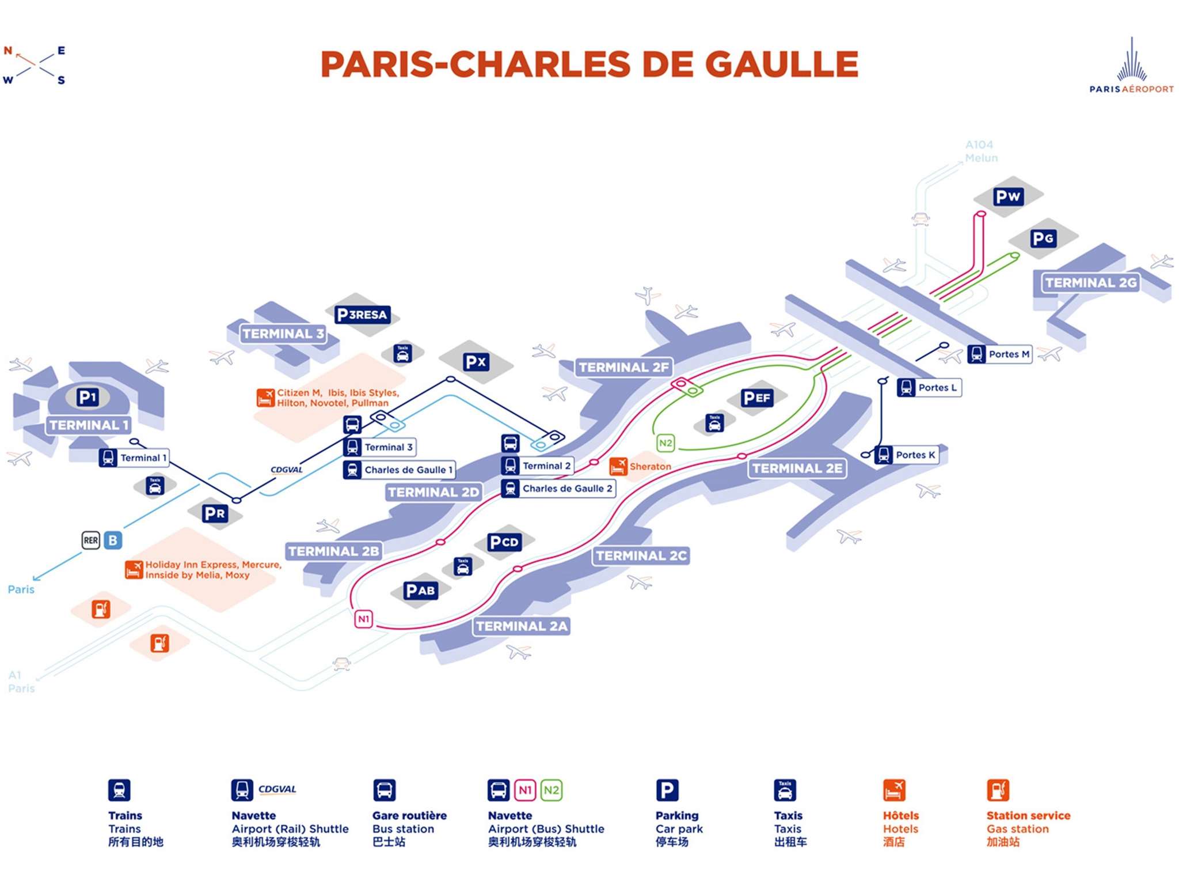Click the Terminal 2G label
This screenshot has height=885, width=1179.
1090,283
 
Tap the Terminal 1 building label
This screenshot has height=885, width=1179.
89,425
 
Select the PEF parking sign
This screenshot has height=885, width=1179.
756,398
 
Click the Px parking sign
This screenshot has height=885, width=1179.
476,362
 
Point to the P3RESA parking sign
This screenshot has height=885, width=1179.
363,315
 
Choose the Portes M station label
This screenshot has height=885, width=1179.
1009,354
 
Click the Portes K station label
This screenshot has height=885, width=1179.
915,455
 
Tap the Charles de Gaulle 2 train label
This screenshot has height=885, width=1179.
566,489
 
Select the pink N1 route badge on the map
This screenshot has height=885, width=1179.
363,619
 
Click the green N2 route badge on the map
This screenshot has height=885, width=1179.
665,443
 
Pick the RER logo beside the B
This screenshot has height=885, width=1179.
91,540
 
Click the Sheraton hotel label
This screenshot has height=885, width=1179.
650,467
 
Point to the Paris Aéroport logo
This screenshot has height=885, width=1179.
1131,66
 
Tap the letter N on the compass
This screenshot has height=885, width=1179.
8,51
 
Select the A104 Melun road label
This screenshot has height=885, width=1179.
981,151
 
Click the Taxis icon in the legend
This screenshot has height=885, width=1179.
785,791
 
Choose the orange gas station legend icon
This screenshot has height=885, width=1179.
998,791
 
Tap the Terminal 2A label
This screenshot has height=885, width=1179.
522,626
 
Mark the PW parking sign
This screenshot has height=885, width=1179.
1008,196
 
